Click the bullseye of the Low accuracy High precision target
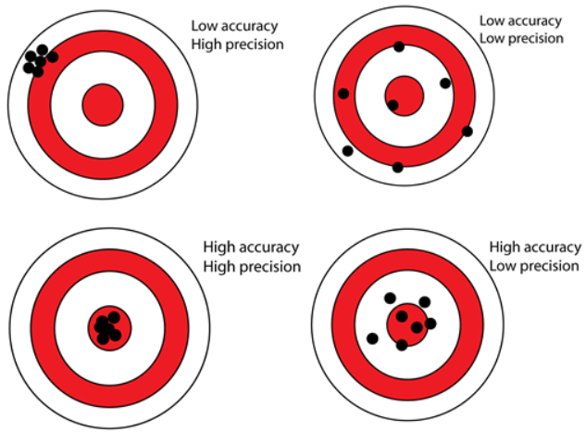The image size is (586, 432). pos(103,105)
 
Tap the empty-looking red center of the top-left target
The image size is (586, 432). pos(103,105)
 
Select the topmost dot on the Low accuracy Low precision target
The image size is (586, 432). pos(399,46)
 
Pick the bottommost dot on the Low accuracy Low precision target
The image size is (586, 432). pos(398,168)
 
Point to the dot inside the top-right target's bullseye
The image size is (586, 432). pos(393,105)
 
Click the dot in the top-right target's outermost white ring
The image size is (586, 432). pos(347,151)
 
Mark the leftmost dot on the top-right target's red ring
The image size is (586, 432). pos(343,94)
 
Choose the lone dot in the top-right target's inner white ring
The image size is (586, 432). pos(445,83)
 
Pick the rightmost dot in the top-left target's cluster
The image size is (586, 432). pos(53,57)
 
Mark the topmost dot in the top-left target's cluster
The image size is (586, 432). pos(43,50)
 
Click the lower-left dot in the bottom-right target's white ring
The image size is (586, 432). pos(372,338)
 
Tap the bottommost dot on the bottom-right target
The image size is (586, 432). pos(402,345)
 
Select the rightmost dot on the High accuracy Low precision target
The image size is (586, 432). pos(430,324)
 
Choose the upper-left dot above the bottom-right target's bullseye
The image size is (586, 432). pos(390,299)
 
